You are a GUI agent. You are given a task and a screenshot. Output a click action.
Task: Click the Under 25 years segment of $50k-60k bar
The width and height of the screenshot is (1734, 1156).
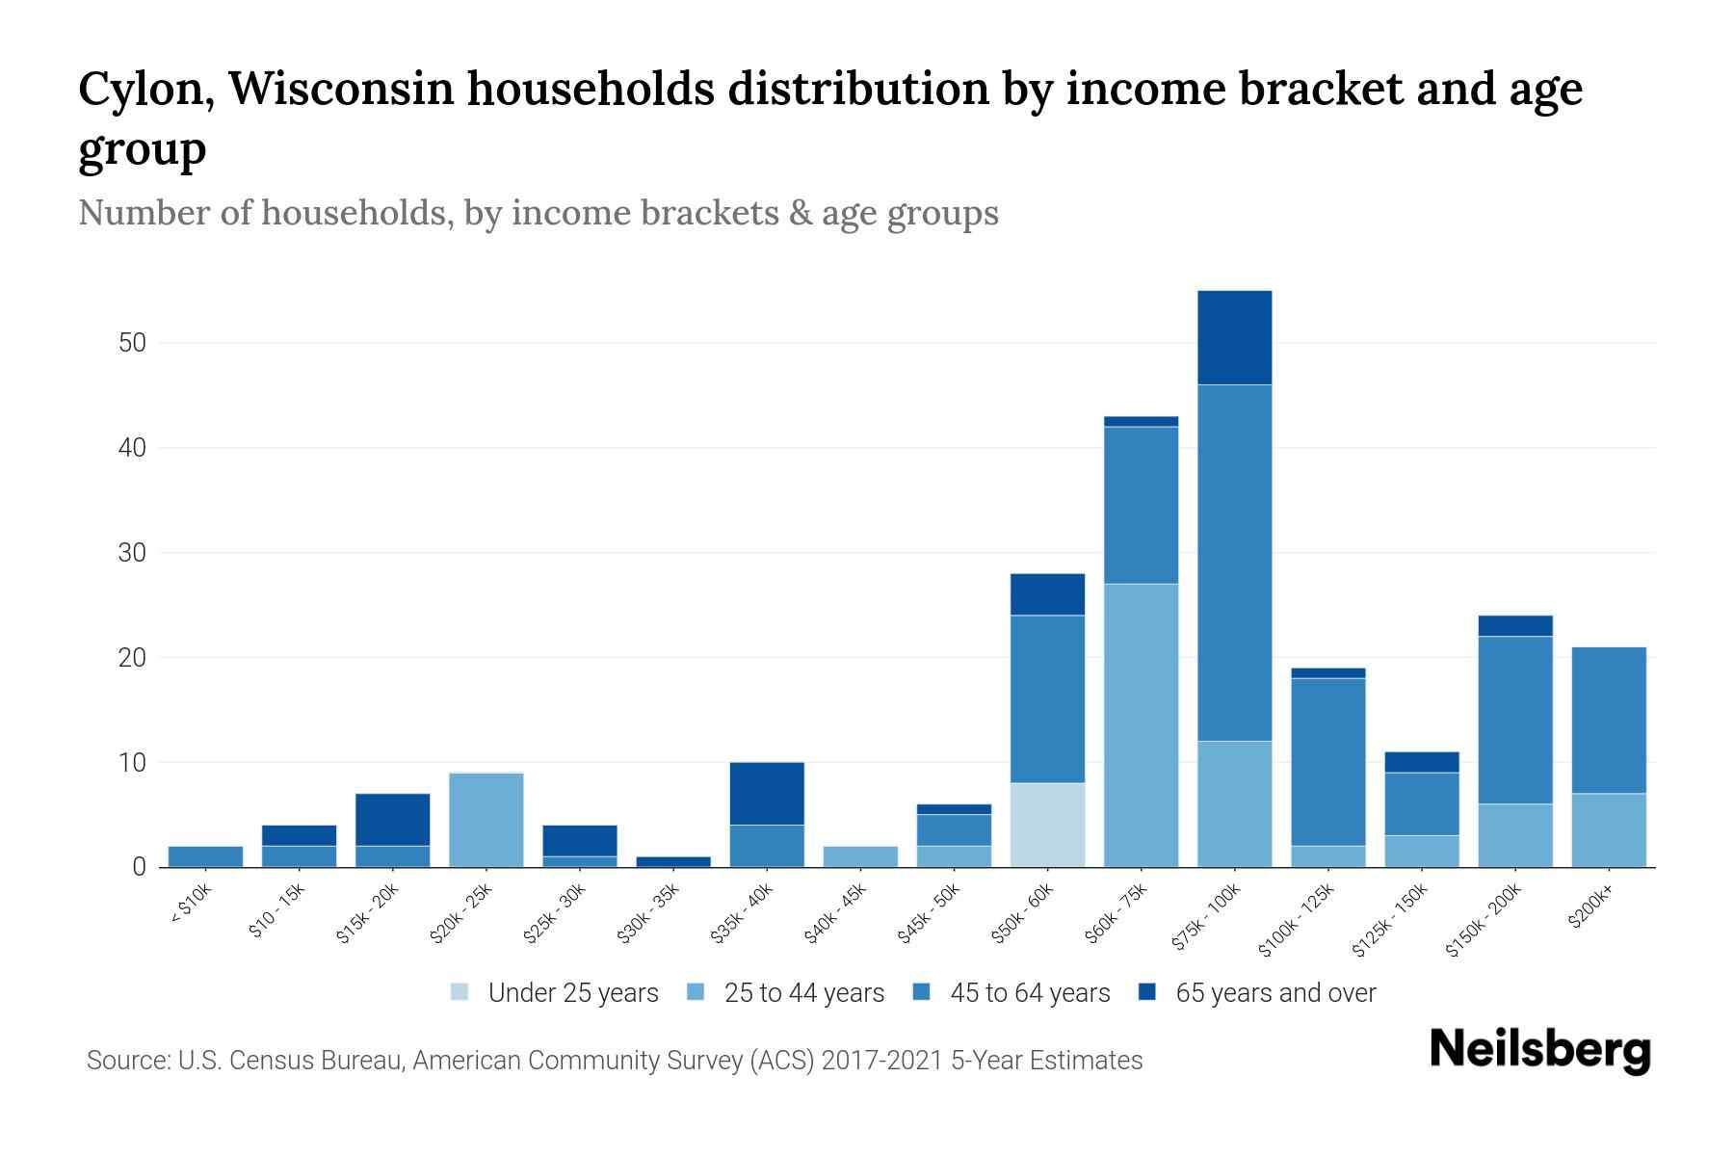coord(1047,825)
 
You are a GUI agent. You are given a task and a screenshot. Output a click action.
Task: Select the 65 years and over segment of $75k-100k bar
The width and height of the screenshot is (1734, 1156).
coord(1234,337)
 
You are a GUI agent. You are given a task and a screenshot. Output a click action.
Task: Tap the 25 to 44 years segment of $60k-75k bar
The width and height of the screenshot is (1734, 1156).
coord(1141,724)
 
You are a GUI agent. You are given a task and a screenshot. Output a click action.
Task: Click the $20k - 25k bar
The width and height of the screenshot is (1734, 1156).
coord(486,820)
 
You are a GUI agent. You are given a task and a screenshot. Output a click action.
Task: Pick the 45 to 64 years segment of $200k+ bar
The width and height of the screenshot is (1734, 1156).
coord(1608,720)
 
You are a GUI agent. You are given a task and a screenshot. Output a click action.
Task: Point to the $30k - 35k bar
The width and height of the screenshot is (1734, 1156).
coord(673,861)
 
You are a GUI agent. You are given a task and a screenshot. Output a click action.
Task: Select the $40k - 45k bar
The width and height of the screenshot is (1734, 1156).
coord(860,856)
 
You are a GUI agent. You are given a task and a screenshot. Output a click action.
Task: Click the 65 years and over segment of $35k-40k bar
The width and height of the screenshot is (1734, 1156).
coord(767,793)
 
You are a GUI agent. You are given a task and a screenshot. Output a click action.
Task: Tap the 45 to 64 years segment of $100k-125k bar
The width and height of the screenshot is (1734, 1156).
coord(1327,761)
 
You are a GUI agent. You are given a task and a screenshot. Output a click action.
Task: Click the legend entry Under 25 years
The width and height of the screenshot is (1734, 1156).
coord(555,993)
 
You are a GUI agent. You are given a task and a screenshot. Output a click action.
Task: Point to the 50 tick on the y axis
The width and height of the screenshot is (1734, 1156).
coord(133,343)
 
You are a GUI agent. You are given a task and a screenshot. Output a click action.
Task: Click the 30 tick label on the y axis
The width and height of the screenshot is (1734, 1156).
coord(133,553)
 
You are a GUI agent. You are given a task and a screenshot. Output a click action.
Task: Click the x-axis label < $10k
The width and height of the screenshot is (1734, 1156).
coord(192,905)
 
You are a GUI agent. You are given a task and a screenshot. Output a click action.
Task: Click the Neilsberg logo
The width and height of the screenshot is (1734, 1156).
coord(1539,1050)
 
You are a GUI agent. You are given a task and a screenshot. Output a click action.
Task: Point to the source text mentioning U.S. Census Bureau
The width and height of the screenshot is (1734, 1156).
coord(614,1061)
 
